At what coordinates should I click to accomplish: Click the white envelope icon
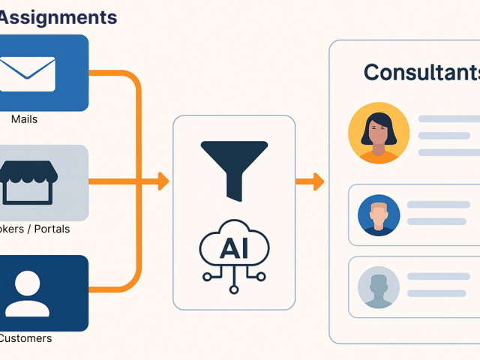28,73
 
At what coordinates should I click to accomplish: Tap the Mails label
25,119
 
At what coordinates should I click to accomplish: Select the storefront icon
28,182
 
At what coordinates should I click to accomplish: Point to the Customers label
25,338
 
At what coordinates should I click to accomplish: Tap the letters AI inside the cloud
233,249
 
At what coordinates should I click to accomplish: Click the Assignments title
58,16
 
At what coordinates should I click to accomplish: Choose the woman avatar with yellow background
379,133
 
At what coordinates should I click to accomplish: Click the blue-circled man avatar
379,215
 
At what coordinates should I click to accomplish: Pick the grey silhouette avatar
379,287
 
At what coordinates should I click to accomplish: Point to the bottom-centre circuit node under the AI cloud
234,289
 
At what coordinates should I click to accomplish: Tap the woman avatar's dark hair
379,121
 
